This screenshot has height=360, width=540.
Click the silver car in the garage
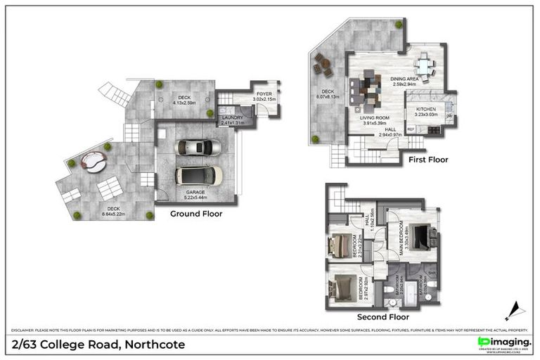[199, 147]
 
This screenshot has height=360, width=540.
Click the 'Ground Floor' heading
[196, 214]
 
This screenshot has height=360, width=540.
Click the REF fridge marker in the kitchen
[410, 130]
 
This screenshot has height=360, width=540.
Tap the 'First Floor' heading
[427, 160]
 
